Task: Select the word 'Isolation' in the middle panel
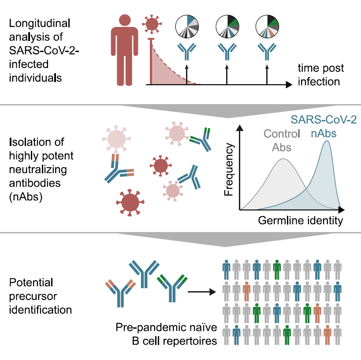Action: (x=32, y=142)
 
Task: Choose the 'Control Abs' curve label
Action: (x=282, y=140)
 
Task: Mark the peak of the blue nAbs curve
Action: (x=327, y=141)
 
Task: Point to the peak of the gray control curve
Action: (x=283, y=159)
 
